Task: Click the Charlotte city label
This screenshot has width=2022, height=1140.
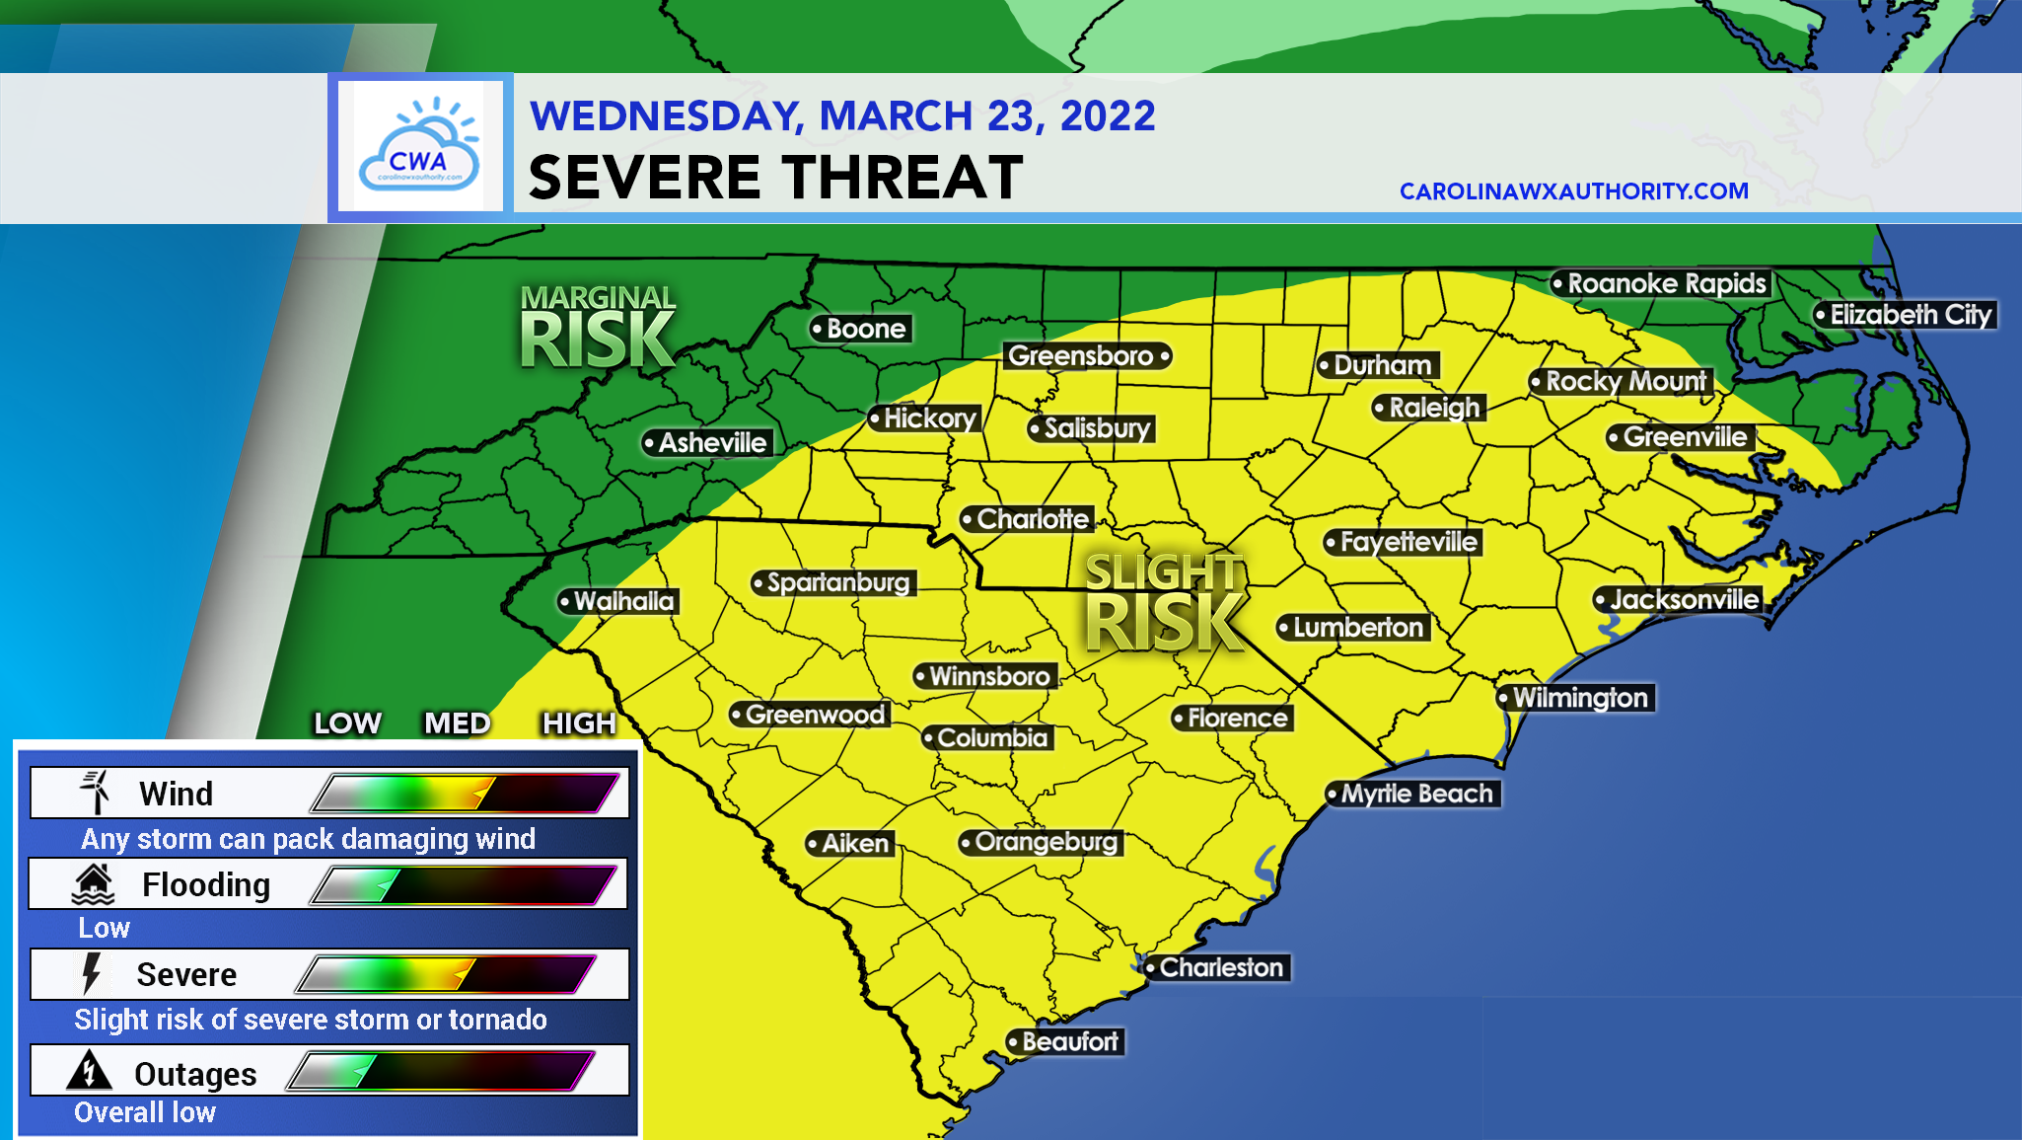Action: (x=1032, y=519)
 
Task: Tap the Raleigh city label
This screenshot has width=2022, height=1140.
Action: (x=1433, y=408)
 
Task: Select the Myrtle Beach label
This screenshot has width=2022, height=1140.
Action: (x=1416, y=794)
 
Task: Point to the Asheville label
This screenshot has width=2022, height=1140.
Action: (x=711, y=443)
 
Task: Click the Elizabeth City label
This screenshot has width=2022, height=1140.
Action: (x=1910, y=315)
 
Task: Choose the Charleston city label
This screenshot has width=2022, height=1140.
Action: (x=1220, y=967)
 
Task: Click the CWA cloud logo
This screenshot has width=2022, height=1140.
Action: (x=419, y=146)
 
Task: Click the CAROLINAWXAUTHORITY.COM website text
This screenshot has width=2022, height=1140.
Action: (x=1573, y=191)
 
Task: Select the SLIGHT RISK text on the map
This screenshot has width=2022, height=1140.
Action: (x=1164, y=603)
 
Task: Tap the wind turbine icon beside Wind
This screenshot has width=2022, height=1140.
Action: (x=97, y=792)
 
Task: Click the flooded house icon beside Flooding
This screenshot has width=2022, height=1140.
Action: (x=94, y=884)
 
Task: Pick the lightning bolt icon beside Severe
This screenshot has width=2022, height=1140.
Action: (x=92, y=973)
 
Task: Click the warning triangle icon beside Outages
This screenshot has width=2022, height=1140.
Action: (x=89, y=1071)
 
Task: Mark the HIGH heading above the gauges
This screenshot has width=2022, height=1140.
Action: (x=579, y=723)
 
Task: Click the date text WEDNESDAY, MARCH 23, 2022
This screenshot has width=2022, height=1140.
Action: (x=842, y=116)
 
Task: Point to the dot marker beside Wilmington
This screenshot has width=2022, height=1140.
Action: (x=1504, y=699)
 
